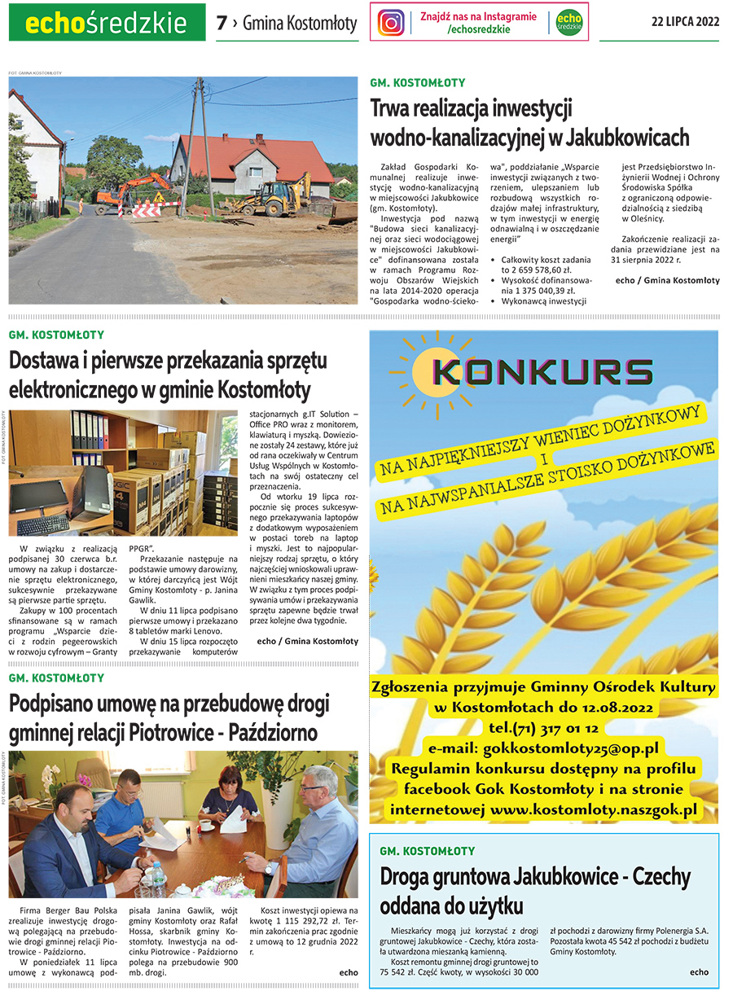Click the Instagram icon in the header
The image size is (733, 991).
(x=392, y=22)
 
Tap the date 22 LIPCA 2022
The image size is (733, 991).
(x=685, y=22)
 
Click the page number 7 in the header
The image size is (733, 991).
(x=221, y=24)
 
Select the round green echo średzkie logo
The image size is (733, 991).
(x=568, y=22)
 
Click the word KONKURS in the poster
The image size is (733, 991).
(x=543, y=372)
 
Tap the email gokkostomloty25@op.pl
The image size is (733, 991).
(x=570, y=748)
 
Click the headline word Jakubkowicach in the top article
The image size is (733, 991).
(x=625, y=136)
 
